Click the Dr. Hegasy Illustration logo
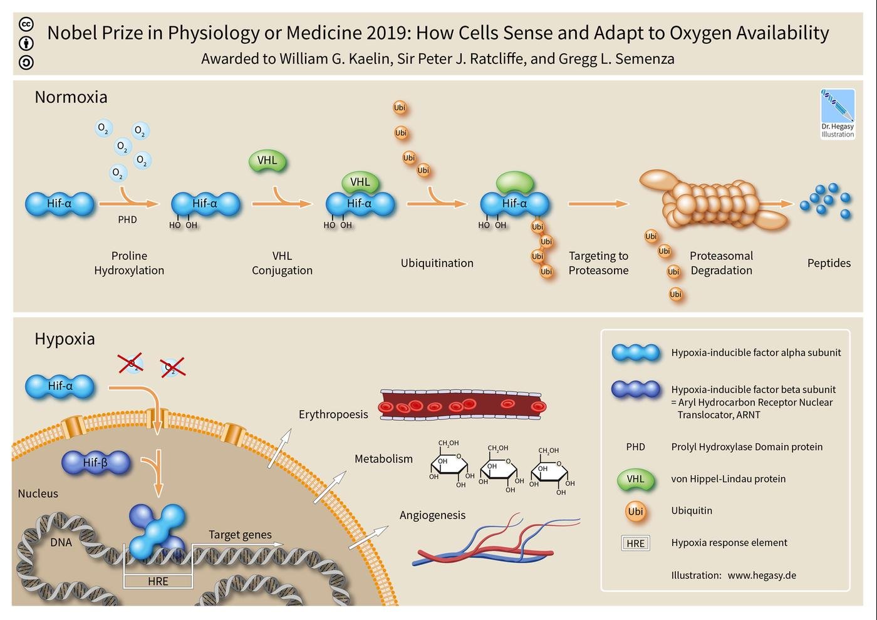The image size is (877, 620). coord(838,114)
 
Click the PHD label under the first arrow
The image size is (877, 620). coord(128,219)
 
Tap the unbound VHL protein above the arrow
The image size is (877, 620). coord(267,160)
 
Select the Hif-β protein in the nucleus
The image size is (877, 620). coord(95,463)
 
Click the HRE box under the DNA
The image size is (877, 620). coord(158,581)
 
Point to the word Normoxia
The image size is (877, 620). coord(71,97)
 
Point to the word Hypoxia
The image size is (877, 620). coord(65,339)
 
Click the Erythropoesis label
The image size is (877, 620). coord(333,414)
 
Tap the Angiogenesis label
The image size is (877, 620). coord(432,515)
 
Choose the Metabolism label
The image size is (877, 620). coord(383,458)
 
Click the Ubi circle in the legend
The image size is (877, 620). coord(635,512)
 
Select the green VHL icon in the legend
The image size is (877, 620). coord(635,480)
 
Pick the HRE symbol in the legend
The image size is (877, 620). coord(635,543)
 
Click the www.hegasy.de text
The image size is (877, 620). coord(762,575)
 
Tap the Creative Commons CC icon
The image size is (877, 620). coord(26,24)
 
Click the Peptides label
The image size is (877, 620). coord(829,263)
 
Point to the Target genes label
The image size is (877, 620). coord(240,535)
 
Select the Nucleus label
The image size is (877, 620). coord(38,493)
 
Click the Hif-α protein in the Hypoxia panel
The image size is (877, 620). coord(60,386)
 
